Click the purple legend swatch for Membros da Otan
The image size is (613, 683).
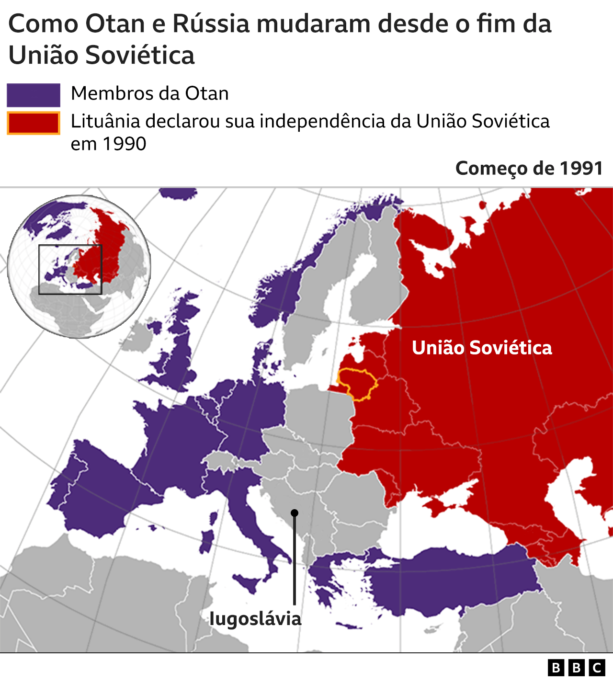pos(34,95)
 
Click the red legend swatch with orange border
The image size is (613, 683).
pos(34,123)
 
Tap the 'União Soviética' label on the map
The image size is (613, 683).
pos(482,348)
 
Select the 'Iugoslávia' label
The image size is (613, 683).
pos(255,618)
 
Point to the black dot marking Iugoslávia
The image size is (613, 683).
pos(295,513)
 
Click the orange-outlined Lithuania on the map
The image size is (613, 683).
pos(357,383)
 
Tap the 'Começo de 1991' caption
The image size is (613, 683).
pos(529,168)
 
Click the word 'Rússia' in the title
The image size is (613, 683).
pos(211,23)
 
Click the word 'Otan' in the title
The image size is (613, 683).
pos(115,23)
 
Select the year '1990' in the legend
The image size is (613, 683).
pos(125,144)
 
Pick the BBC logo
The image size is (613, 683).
pos(577,668)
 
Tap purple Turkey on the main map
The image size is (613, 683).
pos(450,582)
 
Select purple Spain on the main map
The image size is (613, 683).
pos(105,498)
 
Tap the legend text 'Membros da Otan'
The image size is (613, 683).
pos(149,93)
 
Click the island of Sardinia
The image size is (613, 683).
pos(207,541)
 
